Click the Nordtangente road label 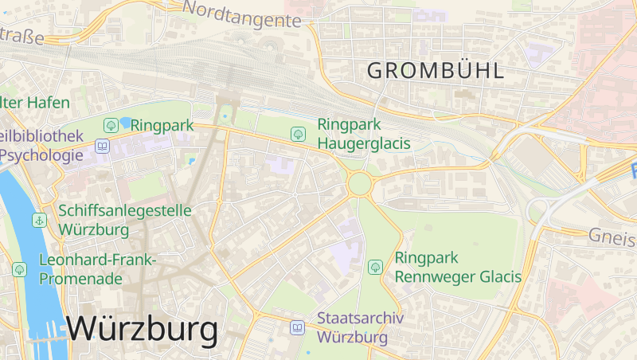[242, 14]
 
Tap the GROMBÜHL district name [435, 70]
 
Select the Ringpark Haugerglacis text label [363, 134]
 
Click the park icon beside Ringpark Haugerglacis [298, 133]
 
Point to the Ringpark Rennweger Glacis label [457, 268]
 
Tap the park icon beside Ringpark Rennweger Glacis [375, 267]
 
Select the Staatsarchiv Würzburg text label [360, 327]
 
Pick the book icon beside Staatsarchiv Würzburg [297, 327]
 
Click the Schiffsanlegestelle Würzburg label [125, 220]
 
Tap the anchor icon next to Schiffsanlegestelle [39, 220]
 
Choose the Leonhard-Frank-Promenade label [98, 269]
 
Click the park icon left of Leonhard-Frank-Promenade [19, 269]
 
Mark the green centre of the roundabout [359, 185]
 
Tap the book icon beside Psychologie [103, 146]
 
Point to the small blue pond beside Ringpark [126, 123]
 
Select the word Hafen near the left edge [48, 103]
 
